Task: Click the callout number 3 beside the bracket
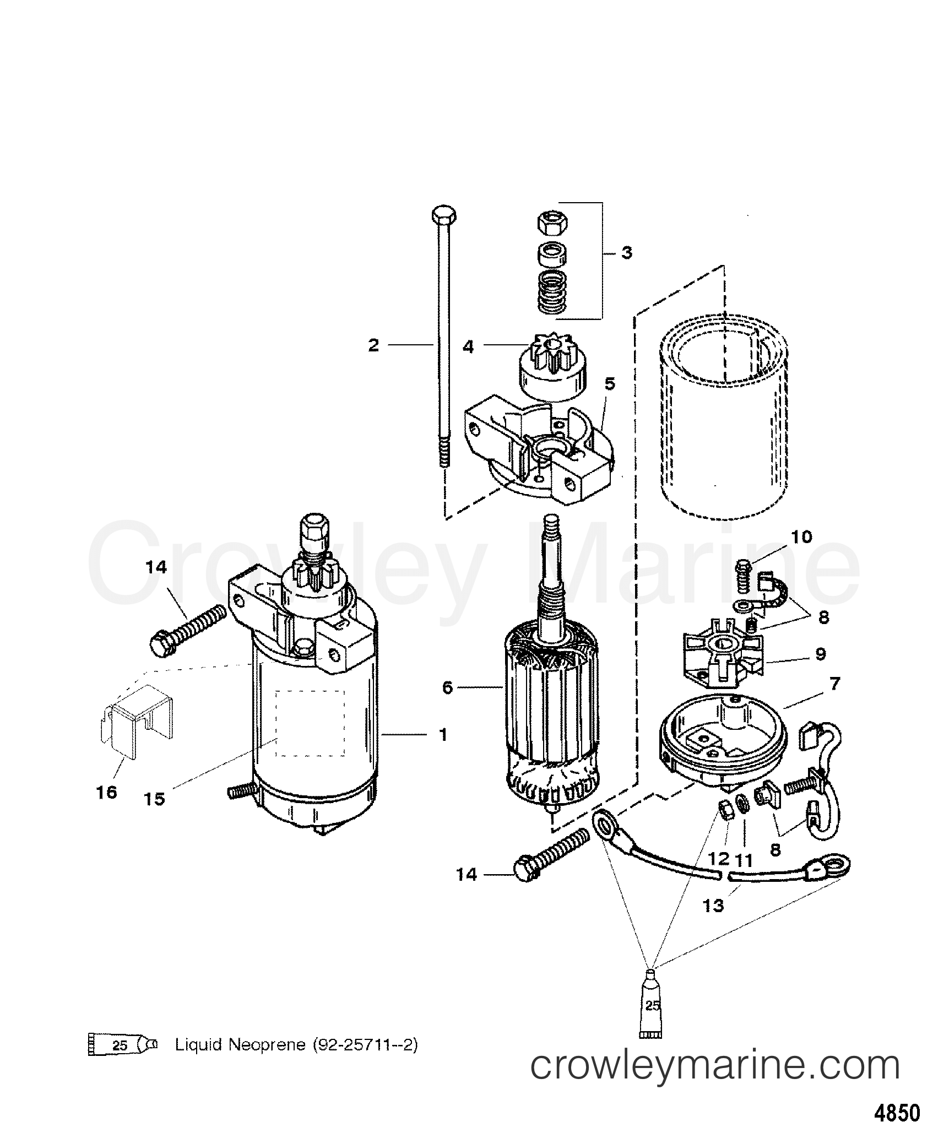pyautogui.click(x=626, y=253)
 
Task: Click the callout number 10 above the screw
pyautogui.click(x=802, y=536)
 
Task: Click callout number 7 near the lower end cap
pyautogui.click(x=834, y=684)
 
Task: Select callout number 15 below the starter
pyautogui.click(x=155, y=799)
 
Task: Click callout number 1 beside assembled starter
pyautogui.click(x=443, y=735)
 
